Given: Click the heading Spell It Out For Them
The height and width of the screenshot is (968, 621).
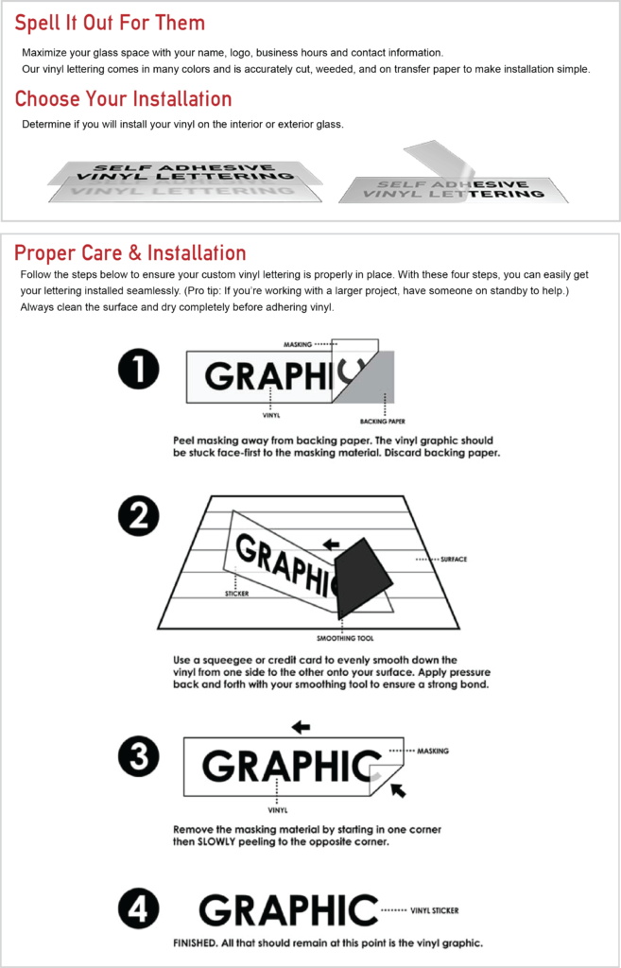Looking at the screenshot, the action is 110,24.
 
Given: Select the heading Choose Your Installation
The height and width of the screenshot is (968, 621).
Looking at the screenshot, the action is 124,98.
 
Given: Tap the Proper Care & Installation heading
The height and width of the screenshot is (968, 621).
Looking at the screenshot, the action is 130,252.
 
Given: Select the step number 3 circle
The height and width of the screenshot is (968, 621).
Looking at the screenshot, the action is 139,756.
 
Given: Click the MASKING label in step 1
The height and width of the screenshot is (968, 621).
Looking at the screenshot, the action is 298,344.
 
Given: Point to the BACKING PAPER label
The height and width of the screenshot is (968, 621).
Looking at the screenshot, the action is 378,423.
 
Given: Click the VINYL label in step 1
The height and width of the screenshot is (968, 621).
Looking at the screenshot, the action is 271,416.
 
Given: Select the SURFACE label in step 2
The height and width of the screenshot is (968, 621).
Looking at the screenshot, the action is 454,560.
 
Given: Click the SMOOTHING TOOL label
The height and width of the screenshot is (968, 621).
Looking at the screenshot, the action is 341,638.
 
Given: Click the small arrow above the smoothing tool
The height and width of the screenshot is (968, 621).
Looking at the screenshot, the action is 332,544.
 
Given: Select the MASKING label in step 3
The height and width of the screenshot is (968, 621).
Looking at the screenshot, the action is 433,751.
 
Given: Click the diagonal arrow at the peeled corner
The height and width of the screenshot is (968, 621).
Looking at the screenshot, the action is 399,789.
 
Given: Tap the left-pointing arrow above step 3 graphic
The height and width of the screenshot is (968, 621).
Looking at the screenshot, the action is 301,727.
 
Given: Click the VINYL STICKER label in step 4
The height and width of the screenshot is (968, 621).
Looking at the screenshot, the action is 435,910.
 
